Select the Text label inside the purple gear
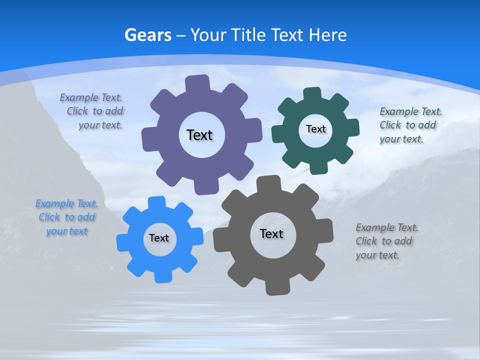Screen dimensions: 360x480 point(199,135)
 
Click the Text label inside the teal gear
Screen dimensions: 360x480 point(315,129)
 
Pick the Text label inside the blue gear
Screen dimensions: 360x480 point(159,238)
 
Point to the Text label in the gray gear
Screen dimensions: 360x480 point(271,233)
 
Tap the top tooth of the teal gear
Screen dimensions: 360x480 point(312,94)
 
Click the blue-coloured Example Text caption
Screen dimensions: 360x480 point(66,217)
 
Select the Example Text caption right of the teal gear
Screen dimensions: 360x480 point(410,125)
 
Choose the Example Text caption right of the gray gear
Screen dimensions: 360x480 point(386,241)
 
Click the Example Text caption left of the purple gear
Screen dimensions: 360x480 point(92,111)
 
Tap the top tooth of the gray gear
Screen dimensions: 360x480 point(268,183)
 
